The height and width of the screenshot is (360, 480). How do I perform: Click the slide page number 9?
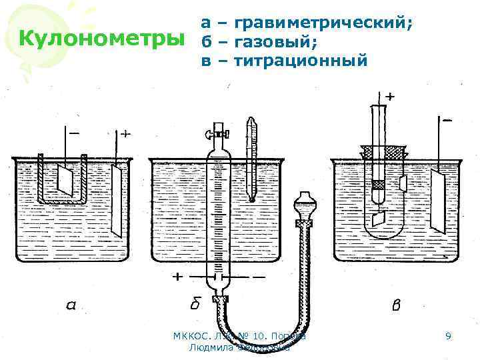[449, 337]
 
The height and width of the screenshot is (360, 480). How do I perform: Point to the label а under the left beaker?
[71, 306]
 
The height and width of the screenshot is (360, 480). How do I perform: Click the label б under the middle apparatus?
[195, 305]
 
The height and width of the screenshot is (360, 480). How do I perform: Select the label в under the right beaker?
[395, 306]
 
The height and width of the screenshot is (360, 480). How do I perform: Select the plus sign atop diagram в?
[389, 97]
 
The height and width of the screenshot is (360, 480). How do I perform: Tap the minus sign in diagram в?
[446, 121]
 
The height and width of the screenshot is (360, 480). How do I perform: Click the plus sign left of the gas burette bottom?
[178, 276]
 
